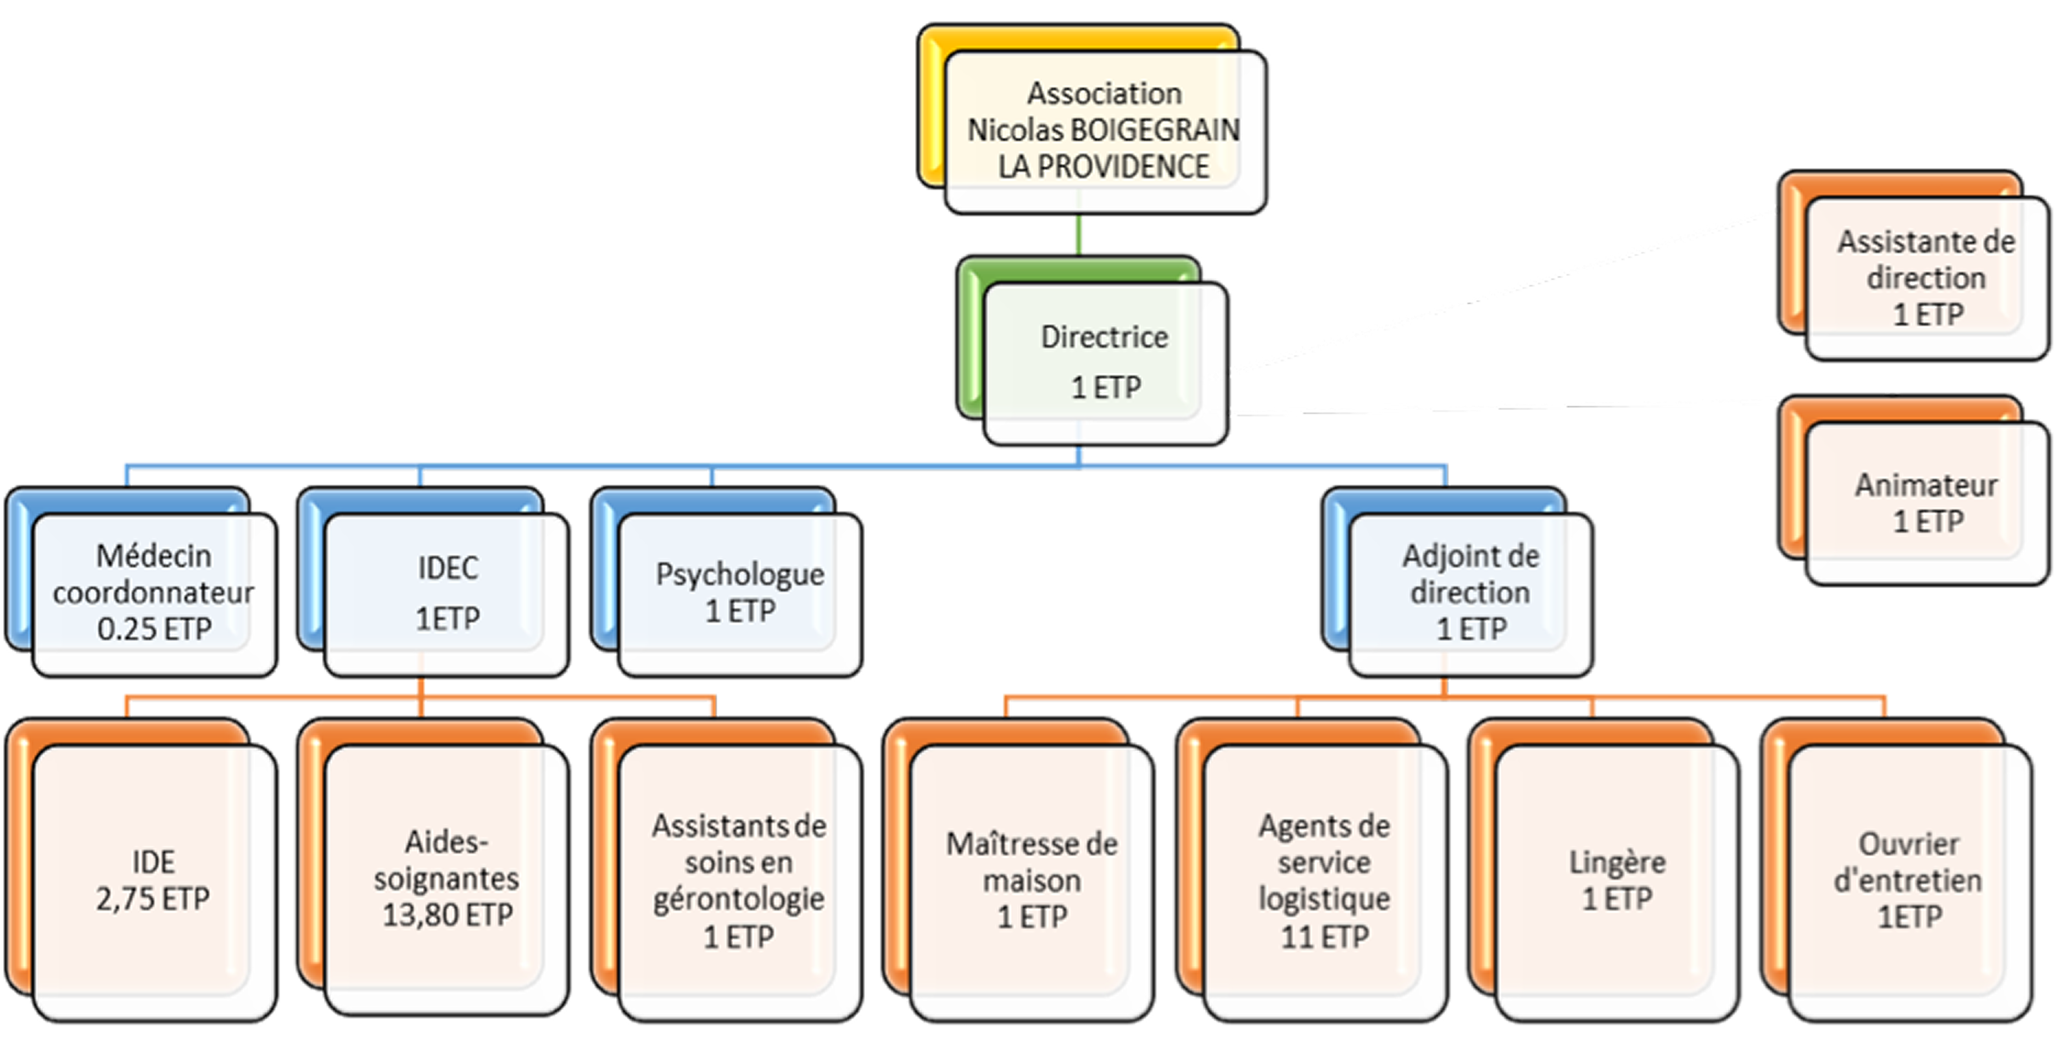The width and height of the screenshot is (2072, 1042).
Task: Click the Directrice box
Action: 1104,362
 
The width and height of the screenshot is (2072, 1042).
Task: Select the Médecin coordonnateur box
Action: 154,592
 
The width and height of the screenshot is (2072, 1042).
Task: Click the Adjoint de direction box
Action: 1471,592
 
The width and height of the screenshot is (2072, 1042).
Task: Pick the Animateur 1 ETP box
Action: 1926,503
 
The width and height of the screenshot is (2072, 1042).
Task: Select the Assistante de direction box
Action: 1926,278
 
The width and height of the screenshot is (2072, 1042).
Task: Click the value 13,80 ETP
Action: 447,915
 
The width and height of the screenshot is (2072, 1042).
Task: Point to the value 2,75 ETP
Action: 153,899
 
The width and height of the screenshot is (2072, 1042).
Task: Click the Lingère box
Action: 1617,880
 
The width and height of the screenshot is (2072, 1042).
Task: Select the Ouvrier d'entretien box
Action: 1909,880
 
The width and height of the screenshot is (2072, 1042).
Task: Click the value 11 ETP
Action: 1324,936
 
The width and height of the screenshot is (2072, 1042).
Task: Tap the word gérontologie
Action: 738,899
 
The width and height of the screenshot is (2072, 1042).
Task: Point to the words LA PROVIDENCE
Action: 1104,167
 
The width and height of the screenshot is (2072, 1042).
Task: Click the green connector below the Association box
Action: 1078,235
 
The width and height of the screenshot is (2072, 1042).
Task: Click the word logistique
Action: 1324,899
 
